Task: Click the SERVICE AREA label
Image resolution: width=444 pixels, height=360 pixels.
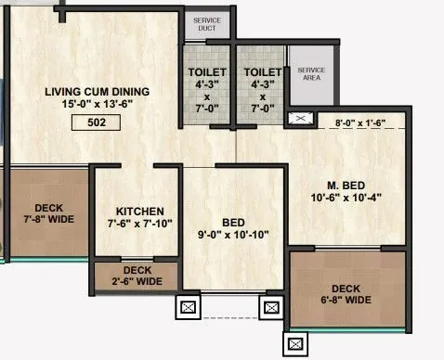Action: coord(309,73)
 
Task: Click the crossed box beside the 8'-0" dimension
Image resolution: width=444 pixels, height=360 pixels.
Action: coord(299,120)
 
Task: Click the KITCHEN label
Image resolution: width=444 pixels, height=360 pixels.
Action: coord(140,211)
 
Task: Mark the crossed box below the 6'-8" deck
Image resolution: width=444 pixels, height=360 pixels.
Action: coord(296,344)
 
